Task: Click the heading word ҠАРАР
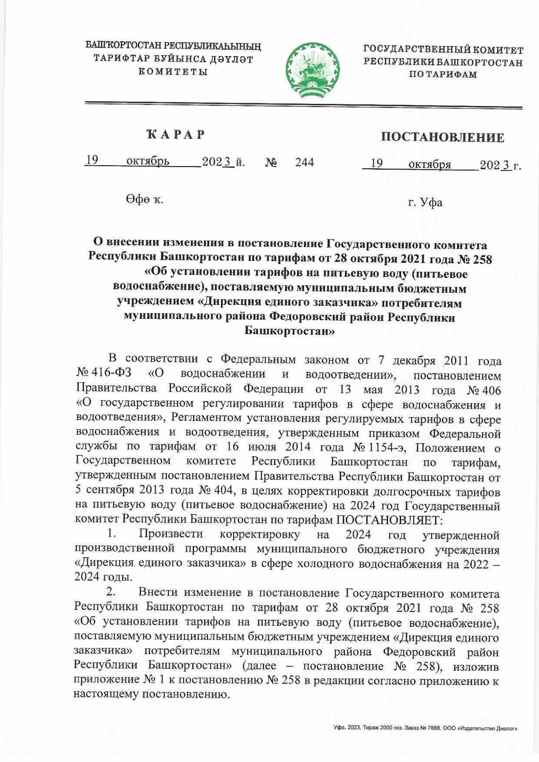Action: pyautogui.click(x=176, y=134)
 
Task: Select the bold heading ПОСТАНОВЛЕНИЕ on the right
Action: pyautogui.click(x=442, y=137)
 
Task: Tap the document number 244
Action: pyautogui.click(x=305, y=162)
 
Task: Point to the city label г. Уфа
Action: pyautogui.click(x=425, y=203)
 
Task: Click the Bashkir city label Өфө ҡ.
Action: pyautogui.click(x=145, y=199)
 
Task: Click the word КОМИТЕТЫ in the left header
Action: pyautogui.click(x=172, y=72)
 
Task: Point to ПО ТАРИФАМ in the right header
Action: pyautogui.click(x=442, y=75)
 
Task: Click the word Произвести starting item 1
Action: pyautogui.click(x=171, y=534)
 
